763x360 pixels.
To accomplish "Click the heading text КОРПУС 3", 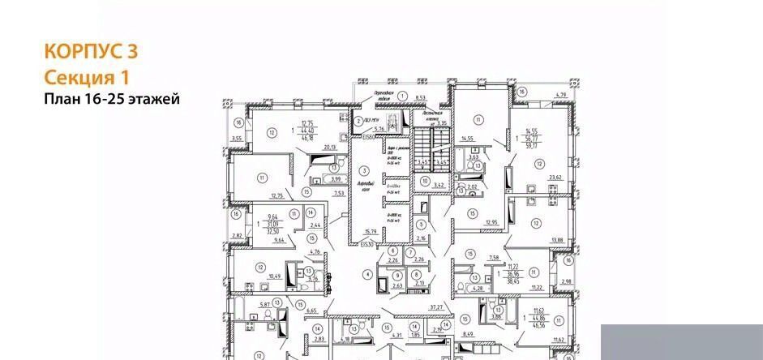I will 90,51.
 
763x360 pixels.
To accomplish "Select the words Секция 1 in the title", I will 86,78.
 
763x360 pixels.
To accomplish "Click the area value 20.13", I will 328,148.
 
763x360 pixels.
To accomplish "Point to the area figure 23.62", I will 555,178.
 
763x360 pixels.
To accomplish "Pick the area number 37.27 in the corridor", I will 436,307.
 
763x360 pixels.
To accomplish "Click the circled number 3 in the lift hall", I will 364,170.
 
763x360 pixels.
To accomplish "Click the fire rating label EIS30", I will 366,244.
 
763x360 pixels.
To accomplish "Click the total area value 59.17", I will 532,147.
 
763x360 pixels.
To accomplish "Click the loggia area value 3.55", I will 236,139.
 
